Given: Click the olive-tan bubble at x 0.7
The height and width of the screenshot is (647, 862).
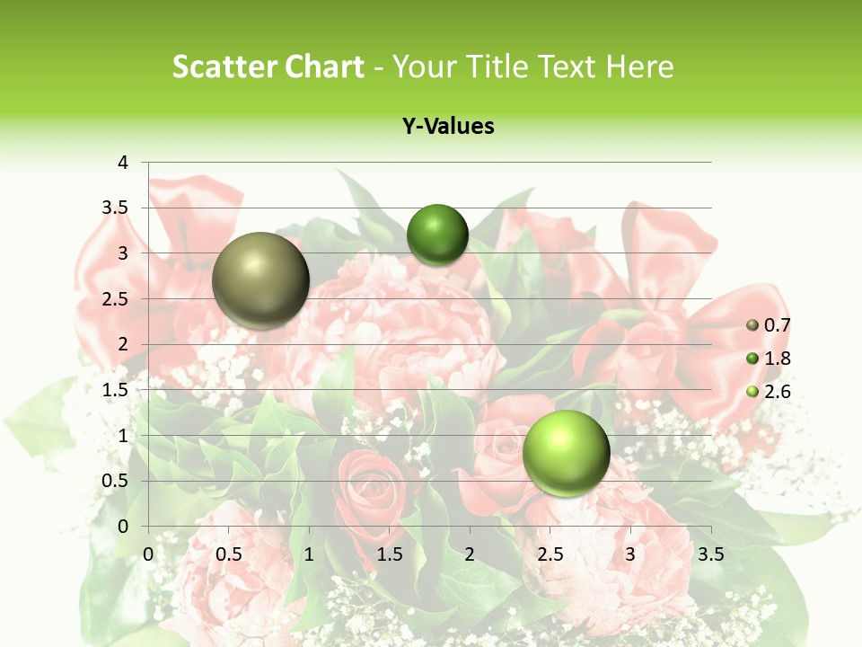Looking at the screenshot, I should click(261, 280).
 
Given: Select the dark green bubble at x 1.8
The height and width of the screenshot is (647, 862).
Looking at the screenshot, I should click(437, 235).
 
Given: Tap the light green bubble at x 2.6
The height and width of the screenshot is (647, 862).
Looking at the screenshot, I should click(566, 453).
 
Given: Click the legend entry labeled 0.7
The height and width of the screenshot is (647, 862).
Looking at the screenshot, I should click(776, 325).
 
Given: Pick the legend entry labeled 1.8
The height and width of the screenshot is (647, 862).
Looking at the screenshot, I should click(776, 359).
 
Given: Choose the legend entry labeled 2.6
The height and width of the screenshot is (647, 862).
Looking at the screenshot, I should click(776, 392).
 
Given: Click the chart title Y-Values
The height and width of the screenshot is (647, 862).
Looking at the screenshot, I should click(448, 127).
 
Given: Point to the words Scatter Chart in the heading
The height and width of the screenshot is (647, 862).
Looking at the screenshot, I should click(268, 66).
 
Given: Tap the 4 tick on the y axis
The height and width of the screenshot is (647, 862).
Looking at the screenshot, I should click(123, 163).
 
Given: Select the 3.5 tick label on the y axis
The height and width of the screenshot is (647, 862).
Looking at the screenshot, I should click(114, 208).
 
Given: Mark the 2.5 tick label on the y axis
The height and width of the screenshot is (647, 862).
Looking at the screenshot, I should click(114, 299).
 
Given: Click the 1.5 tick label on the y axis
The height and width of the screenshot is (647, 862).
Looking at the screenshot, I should click(114, 390).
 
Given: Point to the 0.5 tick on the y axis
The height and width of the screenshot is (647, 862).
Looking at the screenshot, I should click(114, 481).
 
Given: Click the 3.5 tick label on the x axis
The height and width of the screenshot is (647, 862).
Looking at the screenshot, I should click(710, 554).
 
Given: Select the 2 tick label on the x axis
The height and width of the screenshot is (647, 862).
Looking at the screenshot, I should click(469, 554).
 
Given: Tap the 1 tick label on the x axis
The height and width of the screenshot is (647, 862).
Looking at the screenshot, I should click(309, 554).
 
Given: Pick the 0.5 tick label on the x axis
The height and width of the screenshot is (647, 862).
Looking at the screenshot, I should click(229, 554).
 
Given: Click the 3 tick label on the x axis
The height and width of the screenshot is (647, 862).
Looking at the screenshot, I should click(629, 554).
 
